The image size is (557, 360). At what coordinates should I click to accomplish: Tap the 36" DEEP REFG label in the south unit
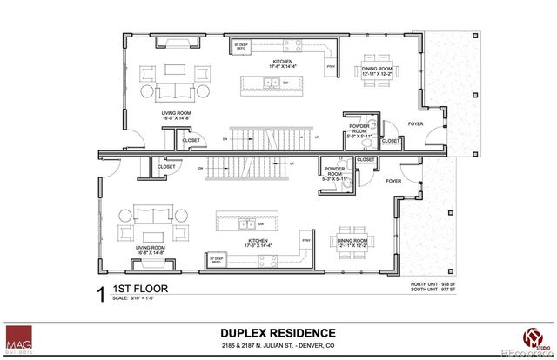coord(217,257)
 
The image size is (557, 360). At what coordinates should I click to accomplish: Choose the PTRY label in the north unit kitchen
coord(330,66)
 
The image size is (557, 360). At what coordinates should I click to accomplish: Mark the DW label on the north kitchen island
coord(285,83)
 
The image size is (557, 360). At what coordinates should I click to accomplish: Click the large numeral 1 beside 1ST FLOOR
coord(101,292)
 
